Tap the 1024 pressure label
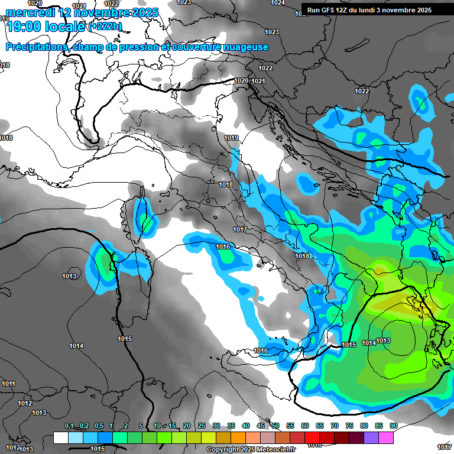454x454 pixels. point(277,3)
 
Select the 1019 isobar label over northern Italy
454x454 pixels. point(231,138)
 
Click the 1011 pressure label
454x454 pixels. point(8,384)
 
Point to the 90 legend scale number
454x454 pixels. point(394,426)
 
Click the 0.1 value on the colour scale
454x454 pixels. point(69,426)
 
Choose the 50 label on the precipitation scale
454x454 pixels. point(275,426)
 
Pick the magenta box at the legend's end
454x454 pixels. point(386,438)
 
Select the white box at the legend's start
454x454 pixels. point(60,438)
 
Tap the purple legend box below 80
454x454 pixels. point(371,438)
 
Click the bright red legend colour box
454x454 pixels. point(312,438)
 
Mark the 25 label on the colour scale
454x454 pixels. point(202,426)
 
